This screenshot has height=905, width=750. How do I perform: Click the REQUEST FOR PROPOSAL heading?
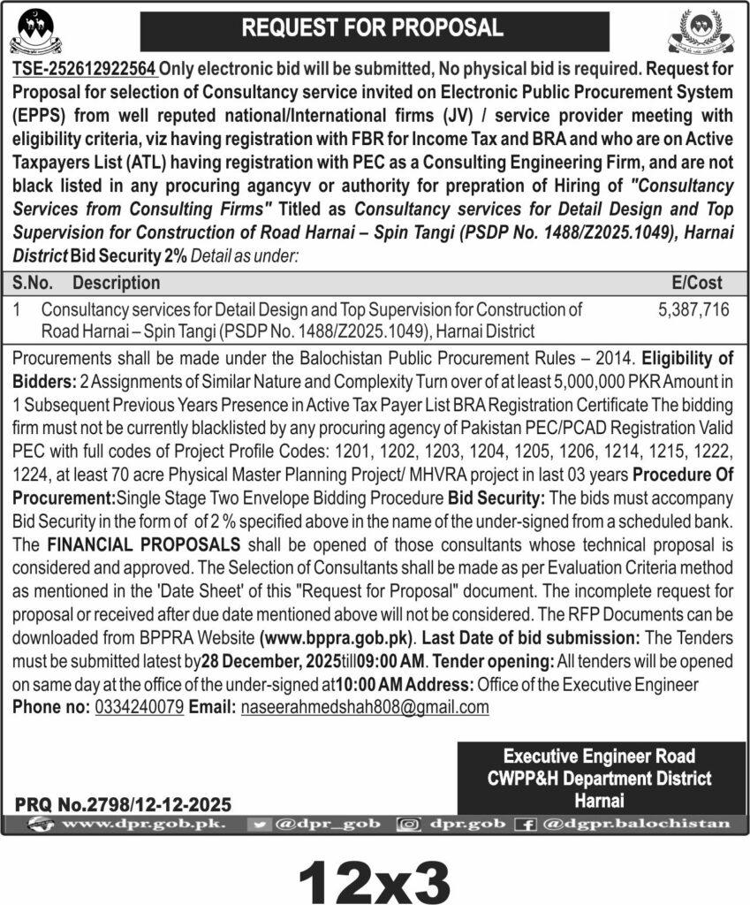(x=373, y=27)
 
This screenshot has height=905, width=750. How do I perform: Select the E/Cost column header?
(x=696, y=284)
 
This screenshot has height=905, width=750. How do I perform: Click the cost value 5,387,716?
(x=693, y=310)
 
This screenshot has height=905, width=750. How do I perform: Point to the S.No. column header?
(x=34, y=284)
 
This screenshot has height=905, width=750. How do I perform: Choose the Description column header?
(x=116, y=284)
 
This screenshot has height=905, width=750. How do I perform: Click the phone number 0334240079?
(x=139, y=707)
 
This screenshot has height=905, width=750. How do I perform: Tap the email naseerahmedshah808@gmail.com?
(x=365, y=707)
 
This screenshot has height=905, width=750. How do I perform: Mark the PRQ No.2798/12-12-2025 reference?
(x=123, y=804)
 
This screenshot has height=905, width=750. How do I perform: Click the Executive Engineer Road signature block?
(x=601, y=778)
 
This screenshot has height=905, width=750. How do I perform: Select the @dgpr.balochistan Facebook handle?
(x=636, y=825)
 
